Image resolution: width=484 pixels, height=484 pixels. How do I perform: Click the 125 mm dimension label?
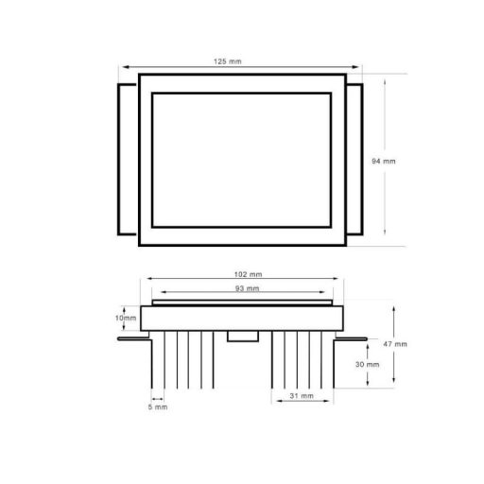click(229, 61)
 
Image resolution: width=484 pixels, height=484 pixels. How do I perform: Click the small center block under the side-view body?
click(243, 337)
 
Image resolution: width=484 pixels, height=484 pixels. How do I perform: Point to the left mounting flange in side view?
click(136, 334)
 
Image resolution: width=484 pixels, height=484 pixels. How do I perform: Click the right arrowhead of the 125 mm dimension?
click(357, 67)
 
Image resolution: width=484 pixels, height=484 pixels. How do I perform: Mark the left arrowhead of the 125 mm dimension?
click(122, 67)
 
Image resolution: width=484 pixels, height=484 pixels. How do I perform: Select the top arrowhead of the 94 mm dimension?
click(386, 78)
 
